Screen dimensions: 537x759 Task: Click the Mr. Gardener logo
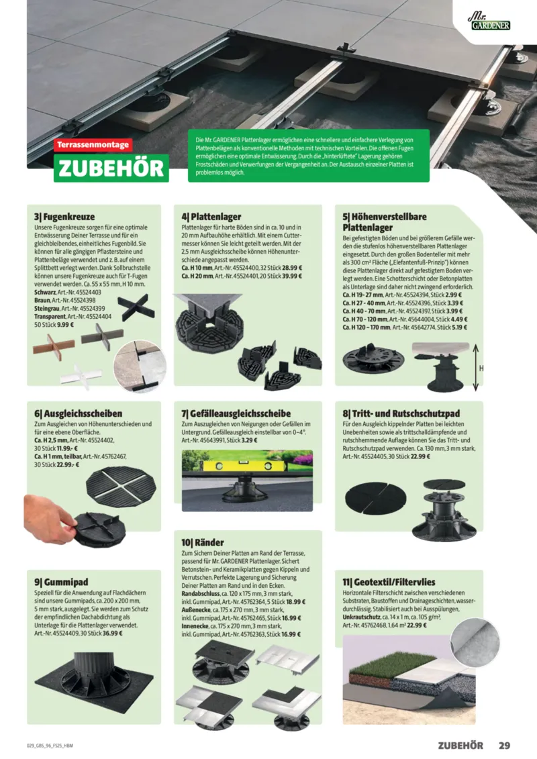[489, 21]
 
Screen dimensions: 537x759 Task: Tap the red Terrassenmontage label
[93, 145]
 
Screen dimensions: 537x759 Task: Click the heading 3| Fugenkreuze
[64, 216]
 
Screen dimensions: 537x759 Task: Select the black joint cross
[136, 307]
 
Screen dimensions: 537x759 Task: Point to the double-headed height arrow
[475, 367]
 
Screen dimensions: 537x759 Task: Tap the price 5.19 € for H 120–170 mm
[460, 327]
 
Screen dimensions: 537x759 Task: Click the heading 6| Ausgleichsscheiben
[78, 413]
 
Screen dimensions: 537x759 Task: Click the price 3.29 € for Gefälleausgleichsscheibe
[250, 440]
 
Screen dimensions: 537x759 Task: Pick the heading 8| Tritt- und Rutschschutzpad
[401, 413]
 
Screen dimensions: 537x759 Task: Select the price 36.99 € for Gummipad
[112, 633]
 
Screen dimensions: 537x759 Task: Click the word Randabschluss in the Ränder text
[201, 593]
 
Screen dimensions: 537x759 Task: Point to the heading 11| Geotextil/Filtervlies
[389, 582]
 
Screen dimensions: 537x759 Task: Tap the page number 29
[504, 746]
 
